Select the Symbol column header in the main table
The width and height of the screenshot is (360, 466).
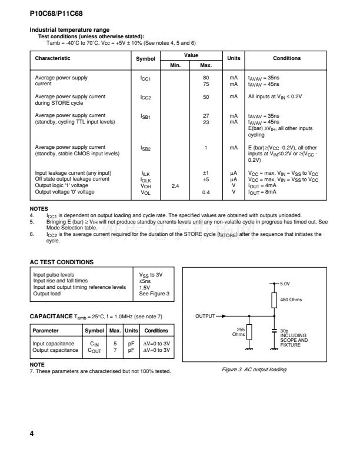[146, 59]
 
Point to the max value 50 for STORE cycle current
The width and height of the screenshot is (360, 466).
[206, 96]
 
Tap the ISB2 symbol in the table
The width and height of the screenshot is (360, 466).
[146, 149]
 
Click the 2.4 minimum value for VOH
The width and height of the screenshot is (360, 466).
[175, 185]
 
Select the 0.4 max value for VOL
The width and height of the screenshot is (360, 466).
[206, 192]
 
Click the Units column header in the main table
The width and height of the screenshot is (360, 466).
[234, 58]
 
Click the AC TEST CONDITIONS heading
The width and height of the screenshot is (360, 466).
[62, 261]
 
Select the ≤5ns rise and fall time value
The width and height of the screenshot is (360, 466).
[145, 281]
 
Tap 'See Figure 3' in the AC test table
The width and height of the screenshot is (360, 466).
[154, 293]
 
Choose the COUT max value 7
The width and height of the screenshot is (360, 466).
[115, 350]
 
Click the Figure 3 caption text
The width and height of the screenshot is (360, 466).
[266, 370]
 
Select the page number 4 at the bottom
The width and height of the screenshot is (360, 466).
[32, 434]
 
